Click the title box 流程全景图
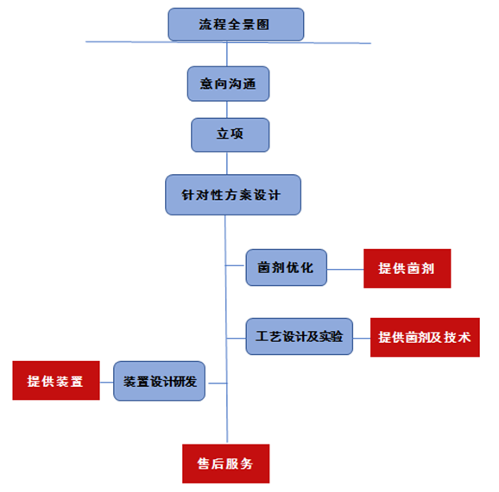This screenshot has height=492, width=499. (236, 24)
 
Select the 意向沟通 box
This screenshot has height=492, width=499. (228, 84)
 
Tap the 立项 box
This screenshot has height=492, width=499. (231, 135)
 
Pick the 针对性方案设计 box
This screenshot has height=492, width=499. (233, 195)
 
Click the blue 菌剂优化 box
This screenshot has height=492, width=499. (286, 267)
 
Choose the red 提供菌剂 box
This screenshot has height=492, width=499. (407, 268)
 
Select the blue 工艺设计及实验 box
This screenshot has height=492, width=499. (300, 336)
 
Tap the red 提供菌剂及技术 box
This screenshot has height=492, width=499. (425, 337)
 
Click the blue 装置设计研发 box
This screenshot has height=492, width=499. (159, 381)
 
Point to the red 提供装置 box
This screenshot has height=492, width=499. (56, 380)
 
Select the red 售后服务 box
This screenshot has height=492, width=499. (225, 464)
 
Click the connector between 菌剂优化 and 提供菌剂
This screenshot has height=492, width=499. (345, 270)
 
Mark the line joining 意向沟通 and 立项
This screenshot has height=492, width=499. (227, 109)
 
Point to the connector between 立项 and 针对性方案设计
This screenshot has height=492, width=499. (227, 163)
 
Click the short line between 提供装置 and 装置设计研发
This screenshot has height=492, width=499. (106, 382)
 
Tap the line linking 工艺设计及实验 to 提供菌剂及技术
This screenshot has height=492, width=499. (362, 338)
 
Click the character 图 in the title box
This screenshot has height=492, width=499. (263, 24)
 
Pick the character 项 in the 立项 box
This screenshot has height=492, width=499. (237, 134)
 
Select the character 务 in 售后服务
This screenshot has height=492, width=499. (247, 464)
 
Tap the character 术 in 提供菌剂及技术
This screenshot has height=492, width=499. (464, 337)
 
